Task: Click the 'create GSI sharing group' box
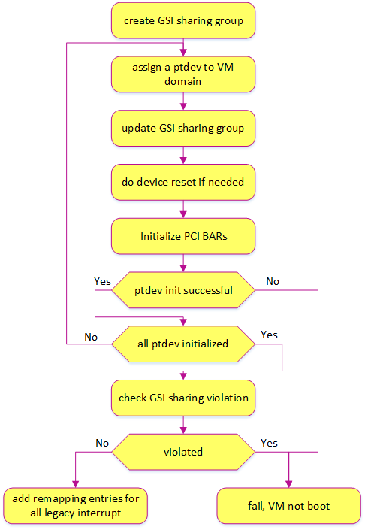coord(183,20)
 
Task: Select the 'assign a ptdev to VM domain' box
coord(183,74)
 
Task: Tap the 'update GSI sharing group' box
coord(183,128)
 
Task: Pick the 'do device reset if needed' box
coord(183,182)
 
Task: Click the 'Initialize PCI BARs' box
coord(183,236)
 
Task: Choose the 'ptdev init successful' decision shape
coord(183,290)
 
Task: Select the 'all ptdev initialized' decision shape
coord(183,344)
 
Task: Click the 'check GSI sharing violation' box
coord(183,398)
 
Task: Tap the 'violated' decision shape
coord(183,452)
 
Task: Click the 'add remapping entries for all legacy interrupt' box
coord(76,506)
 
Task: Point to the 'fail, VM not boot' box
coord(288,506)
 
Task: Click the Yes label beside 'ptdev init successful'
coord(102,281)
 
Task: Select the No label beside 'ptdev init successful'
coord(273,281)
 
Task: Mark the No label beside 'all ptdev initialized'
coord(91,337)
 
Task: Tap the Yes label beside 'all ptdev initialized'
coord(269,335)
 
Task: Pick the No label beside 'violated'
coord(102,443)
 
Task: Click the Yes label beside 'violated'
coord(269,443)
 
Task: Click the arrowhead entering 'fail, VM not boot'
coord(288,484)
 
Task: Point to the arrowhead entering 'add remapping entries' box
coord(76,484)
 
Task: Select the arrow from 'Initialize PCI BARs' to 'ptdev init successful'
coord(183,263)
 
